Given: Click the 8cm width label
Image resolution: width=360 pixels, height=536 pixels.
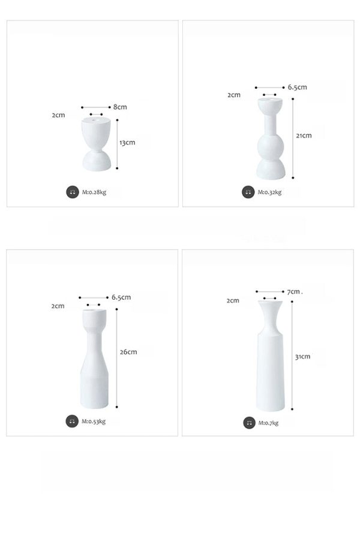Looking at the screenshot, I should pyautogui.click(x=120, y=107).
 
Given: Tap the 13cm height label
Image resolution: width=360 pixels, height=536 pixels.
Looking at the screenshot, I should pyautogui.click(x=127, y=143).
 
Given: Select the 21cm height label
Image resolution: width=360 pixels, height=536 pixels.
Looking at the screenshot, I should pyautogui.click(x=304, y=135).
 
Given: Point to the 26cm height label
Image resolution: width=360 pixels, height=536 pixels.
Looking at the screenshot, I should pyautogui.click(x=128, y=352).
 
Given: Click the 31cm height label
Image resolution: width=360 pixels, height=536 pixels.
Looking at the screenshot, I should pyautogui.click(x=302, y=357).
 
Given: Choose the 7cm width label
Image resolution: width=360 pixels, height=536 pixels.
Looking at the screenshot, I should pyautogui.click(x=293, y=292).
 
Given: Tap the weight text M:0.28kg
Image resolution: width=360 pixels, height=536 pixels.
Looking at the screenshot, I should pyautogui.click(x=94, y=192).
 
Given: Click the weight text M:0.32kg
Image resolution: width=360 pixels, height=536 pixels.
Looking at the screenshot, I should pyautogui.click(x=269, y=192).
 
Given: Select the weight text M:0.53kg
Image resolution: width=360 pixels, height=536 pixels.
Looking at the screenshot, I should pyautogui.click(x=93, y=421).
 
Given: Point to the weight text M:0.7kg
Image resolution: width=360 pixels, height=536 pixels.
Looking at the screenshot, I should pyautogui.click(x=268, y=423).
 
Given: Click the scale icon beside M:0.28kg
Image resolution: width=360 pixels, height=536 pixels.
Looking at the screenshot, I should pyautogui.click(x=73, y=192).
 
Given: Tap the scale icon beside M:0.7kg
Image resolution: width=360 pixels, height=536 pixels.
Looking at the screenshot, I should pyautogui.click(x=249, y=423).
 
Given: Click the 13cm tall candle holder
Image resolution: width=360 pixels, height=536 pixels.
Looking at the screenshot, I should pyautogui.click(x=96, y=144).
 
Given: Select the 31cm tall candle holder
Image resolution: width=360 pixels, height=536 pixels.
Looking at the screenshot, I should pyautogui.click(x=271, y=359).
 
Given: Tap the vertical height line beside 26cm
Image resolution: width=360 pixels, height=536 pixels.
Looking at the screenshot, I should pyautogui.click(x=116, y=358).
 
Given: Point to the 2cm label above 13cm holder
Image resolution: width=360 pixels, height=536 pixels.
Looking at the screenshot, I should pyautogui.click(x=58, y=115).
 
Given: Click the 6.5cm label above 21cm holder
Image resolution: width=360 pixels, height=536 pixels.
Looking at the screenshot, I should pyautogui.click(x=297, y=87).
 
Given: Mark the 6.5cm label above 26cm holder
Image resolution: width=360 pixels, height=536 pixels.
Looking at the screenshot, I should pyautogui.click(x=121, y=297).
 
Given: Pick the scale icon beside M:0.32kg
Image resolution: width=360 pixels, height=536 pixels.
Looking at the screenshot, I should pyautogui.click(x=248, y=192).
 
